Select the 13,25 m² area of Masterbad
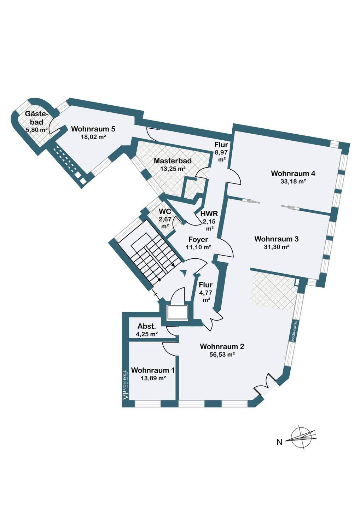173,169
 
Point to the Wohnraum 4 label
293,173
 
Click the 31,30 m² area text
276,247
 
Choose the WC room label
165,211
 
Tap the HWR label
209,214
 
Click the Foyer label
198,239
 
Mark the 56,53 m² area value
222,354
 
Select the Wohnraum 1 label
153,370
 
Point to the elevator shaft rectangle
177,312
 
